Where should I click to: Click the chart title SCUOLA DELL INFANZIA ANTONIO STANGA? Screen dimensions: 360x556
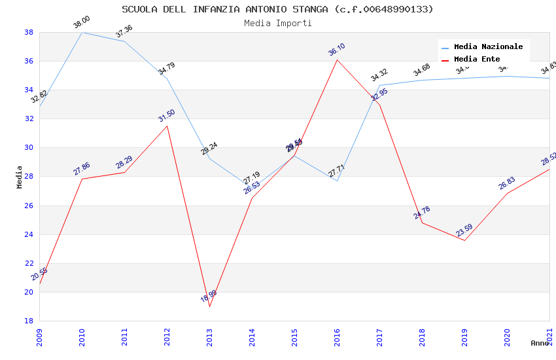[x=277, y=9]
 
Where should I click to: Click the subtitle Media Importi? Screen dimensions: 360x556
[x=277, y=24]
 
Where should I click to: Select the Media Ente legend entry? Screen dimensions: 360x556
[x=477, y=60]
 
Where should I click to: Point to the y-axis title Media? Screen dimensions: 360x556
[x=20, y=177]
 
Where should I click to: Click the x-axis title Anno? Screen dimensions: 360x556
[x=540, y=343]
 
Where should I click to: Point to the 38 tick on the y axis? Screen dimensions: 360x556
[x=29, y=32]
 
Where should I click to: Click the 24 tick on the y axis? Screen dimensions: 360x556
[x=29, y=234]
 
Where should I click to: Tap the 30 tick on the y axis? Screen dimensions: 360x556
[x=29, y=148]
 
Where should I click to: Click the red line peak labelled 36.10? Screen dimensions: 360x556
[x=337, y=60]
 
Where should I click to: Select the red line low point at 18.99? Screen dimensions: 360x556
[x=209, y=306]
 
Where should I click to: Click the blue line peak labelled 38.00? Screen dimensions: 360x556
[x=82, y=32]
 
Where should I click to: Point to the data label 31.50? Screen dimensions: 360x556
[x=167, y=116]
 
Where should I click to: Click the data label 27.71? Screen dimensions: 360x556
[x=337, y=171]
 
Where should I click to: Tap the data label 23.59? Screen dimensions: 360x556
[x=464, y=231]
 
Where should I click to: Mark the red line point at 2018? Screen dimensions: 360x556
[x=422, y=223]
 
